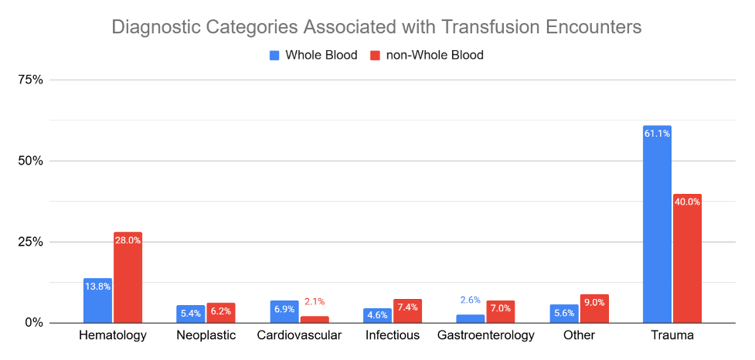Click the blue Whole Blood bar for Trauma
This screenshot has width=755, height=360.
(658, 224)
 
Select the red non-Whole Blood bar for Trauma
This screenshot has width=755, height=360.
(687, 259)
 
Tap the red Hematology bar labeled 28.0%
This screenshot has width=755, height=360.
(128, 277)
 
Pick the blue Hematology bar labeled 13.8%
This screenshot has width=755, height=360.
(97, 301)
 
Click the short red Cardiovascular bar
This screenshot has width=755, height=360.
(315, 320)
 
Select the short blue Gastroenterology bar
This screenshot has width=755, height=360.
(471, 319)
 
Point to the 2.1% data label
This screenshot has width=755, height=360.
(315, 302)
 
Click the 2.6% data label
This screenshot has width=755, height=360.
(471, 301)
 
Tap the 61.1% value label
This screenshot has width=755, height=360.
(658, 134)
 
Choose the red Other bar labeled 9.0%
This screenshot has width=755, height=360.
(594, 308)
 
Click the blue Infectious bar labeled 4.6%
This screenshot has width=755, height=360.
(377, 316)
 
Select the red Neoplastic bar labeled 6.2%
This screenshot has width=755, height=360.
(221, 313)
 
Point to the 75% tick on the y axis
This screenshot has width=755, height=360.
(30, 80)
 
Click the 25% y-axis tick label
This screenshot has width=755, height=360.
(30, 242)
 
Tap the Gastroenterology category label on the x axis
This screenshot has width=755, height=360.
(486, 335)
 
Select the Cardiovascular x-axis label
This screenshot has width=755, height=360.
(299, 335)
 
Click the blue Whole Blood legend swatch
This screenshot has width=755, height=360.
(274, 56)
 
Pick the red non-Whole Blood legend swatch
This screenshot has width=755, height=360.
(375, 56)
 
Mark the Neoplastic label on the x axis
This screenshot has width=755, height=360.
(206, 335)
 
